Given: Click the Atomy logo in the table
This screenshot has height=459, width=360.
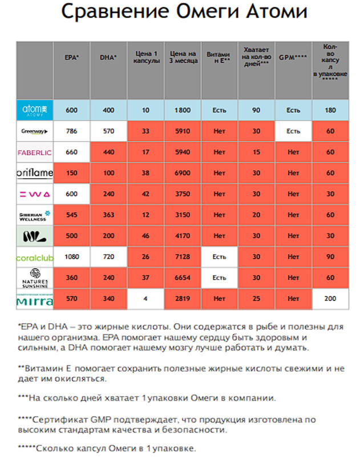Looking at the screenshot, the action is pos(35,110).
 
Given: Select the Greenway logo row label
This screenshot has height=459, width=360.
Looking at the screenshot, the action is pos(34,131).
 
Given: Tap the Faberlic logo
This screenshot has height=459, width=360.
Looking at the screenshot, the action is pos(34,152).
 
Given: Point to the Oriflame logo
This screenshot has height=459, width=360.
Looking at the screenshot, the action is pos(35,173).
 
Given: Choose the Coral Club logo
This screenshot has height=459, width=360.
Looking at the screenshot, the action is pos(35,258).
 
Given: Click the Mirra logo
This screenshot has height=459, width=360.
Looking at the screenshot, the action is pos(35,300).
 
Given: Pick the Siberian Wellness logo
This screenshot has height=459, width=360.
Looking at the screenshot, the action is pos(35,216).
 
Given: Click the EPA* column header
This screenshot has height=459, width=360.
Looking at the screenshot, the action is pos(72,58).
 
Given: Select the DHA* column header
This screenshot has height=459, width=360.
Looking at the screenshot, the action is pos(108,58).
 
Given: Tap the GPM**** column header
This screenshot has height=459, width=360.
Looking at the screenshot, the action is pos(293,57).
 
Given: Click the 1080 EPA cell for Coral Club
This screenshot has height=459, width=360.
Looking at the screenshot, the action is pos(72,257).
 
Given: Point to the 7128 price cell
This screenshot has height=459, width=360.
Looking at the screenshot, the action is pos(183,257).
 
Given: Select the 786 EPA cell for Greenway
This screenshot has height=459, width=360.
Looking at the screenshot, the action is pos(72,131).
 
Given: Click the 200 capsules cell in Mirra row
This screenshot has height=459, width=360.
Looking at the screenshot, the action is pos(330,299).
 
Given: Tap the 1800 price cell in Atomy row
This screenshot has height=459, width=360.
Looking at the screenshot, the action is pos(183,110).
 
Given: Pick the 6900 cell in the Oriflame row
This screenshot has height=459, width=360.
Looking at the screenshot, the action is pos(183,173).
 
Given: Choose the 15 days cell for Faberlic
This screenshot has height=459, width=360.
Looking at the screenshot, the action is pos(256,152).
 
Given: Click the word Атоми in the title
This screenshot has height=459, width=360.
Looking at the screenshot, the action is pos(276,11).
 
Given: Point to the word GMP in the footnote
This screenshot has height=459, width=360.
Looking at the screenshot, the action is pos(100,420).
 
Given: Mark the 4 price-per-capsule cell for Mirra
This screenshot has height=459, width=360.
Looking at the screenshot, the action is pos(145,299).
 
